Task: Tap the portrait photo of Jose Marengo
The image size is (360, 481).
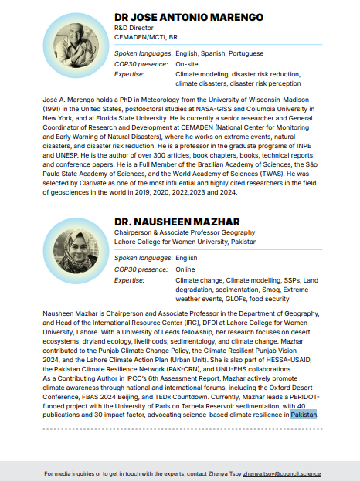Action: (x=76, y=41)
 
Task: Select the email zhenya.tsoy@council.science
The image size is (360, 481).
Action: (x=281, y=473)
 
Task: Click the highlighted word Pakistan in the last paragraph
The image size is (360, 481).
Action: (x=304, y=415)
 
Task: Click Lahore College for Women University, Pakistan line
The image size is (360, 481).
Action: (x=189, y=242)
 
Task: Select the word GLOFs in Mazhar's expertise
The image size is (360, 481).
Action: (x=233, y=297)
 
